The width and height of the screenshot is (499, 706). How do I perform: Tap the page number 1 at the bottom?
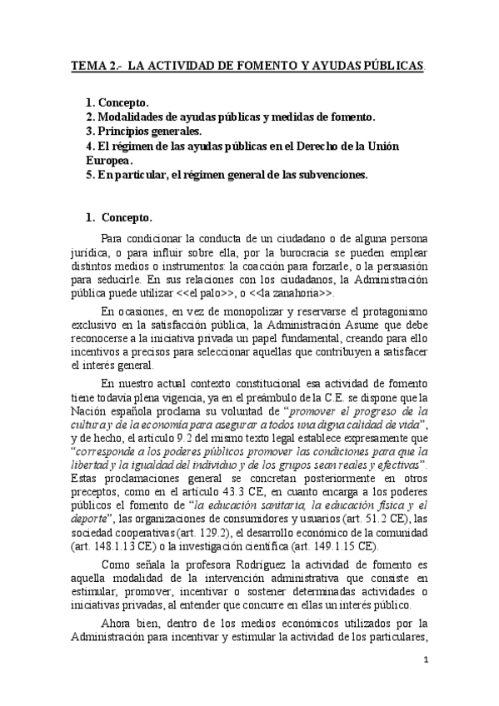(x=424, y=660)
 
